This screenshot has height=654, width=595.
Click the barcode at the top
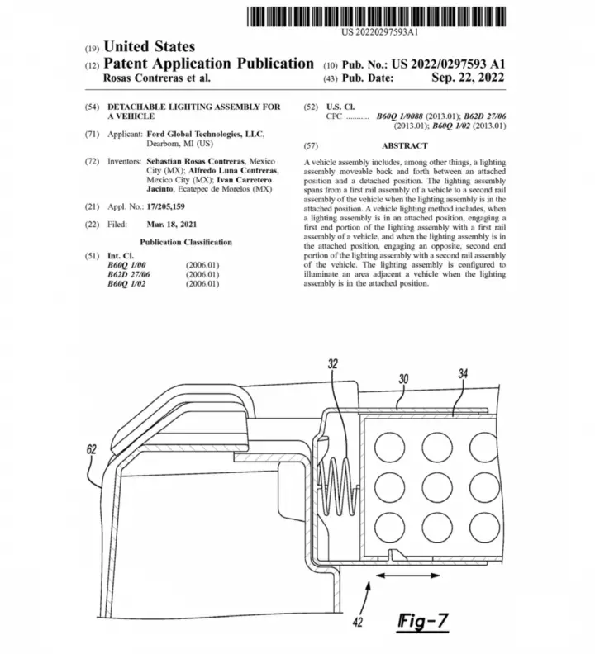tap(376, 17)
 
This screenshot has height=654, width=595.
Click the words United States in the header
tap(149, 46)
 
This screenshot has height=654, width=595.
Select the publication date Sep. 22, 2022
tap(468, 78)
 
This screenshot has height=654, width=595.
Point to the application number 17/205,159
tap(166, 206)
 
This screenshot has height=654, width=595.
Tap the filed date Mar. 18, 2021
tap(172, 225)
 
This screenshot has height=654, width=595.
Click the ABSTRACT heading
tap(405, 145)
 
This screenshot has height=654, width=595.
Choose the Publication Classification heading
tap(186, 242)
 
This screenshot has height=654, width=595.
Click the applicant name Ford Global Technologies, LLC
tap(205, 134)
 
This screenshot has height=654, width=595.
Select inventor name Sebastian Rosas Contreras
tap(195, 161)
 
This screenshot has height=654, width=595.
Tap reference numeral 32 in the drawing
tap(333, 363)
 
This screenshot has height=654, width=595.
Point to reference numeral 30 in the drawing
tap(403, 379)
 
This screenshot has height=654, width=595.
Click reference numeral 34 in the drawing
tap(463, 374)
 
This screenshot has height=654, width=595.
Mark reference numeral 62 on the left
tap(92, 449)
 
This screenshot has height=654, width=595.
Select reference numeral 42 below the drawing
tap(358, 623)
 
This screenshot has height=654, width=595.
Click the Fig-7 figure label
tap(423, 622)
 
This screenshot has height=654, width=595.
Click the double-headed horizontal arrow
tap(408, 576)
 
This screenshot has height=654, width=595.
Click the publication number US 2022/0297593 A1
tap(449, 64)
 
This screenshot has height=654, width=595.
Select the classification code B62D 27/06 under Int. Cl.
tap(129, 274)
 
